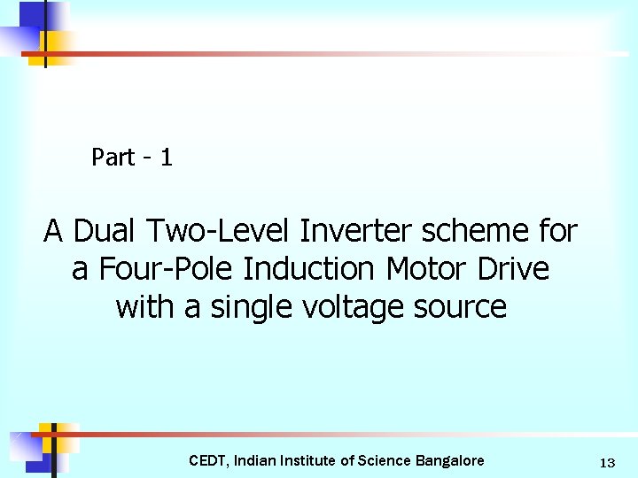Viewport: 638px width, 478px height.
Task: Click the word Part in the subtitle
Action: coord(113,158)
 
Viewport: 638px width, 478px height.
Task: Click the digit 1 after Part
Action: coord(167,158)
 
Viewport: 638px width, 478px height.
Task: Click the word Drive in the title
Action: coord(517,269)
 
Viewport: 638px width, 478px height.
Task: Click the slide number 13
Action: coord(607,462)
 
